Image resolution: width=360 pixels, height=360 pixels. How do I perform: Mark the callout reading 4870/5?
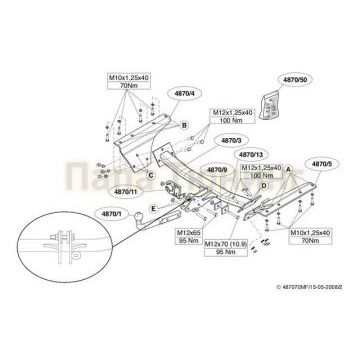(x=322, y=161)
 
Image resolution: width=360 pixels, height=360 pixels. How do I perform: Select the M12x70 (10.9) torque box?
(x=226, y=248)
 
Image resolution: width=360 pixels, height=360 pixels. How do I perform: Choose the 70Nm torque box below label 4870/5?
(x=316, y=237)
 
